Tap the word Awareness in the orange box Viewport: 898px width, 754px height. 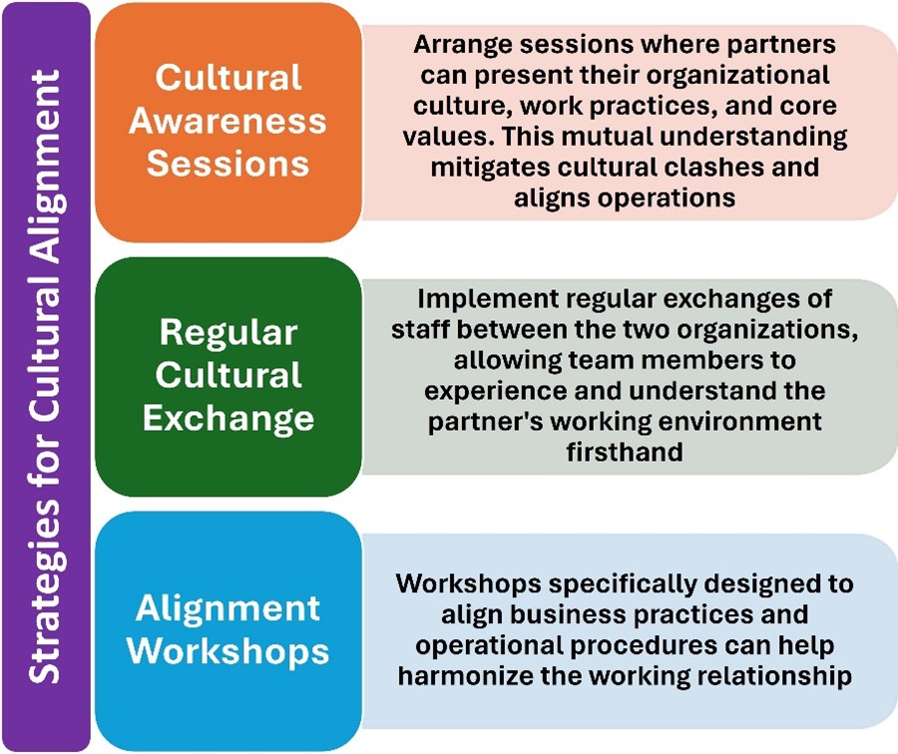pyautogui.click(x=227, y=121)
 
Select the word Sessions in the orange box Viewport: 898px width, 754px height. pyautogui.click(x=227, y=164)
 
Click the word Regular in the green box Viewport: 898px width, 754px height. pyautogui.click(x=228, y=332)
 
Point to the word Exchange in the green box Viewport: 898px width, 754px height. pyautogui.click(x=228, y=418)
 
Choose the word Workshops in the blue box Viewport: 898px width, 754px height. pyautogui.click(x=227, y=651)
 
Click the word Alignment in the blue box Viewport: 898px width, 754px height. pyautogui.click(x=227, y=608)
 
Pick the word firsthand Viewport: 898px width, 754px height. pyautogui.click(x=625, y=452)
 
